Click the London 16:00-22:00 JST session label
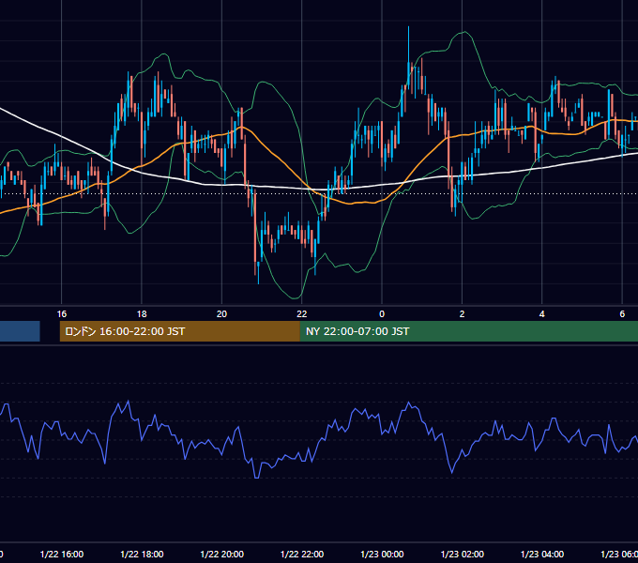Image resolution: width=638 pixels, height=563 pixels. pyautogui.click(x=125, y=331)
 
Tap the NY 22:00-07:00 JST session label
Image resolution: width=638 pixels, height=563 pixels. pyautogui.click(x=357, y=331)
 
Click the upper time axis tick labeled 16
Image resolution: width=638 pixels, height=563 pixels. pyautogui.click(x=61, y=314)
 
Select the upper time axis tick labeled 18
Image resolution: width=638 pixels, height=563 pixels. pyautogui.click(x=142, y=314)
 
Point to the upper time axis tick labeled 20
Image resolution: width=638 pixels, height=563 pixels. pyautogui.click(x=221, y=314)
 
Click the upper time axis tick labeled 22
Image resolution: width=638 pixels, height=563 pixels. pyautogui.click(x=302, y=314)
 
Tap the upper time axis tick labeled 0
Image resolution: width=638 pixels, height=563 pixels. pyautogui.click(x=382, y=314)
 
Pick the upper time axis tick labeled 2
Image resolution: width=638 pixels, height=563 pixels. pyautogui.click(x=462, y=314)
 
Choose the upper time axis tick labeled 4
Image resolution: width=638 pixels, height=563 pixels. pyautogui.click(x=542, y=314)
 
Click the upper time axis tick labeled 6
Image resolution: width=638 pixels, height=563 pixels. pyautogui.click(x=622, y=314)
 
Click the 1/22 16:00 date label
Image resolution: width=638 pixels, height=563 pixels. pyautogui.click(x=62, y=554)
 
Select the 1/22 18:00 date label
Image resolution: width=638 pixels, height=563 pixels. pyautogui.click(x=142, y=554)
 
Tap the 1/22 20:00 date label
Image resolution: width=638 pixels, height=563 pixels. pyautogui.click(x=222, y=554)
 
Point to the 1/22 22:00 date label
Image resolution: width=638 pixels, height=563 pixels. pyautogui.click(x=302, y=554)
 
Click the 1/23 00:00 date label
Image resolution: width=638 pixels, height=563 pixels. pyautogui.click(x=382, y=554)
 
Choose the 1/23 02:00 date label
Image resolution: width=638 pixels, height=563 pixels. pyautogui.click(x=463, y=554)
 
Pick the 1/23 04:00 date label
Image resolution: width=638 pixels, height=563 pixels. pyautogui.click(x=542, y=554)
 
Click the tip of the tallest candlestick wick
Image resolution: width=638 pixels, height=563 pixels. pyautogui.click(x=408, y=27)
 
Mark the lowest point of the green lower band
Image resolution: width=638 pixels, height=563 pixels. pyautogui.click(x=295, y=298)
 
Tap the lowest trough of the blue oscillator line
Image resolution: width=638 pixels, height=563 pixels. pyautogui.click(x=256, y=478)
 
